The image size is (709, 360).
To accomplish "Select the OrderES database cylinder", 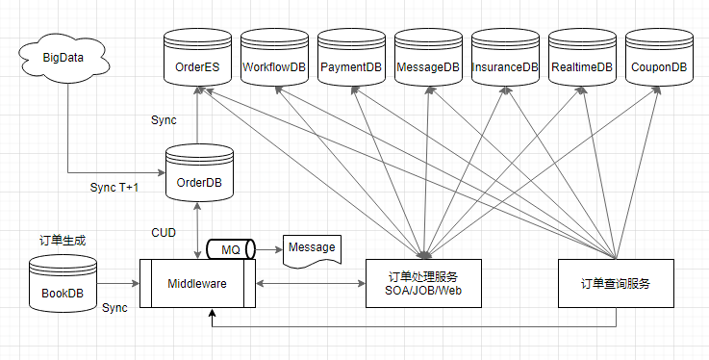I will click(197, 60).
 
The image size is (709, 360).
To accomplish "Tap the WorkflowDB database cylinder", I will click(274, 60).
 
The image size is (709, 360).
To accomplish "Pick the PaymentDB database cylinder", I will click(351, 60).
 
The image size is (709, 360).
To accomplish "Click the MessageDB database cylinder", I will click(428, 60).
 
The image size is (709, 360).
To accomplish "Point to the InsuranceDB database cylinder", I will click(505, 60).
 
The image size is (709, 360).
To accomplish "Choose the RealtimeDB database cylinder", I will click(582, 60).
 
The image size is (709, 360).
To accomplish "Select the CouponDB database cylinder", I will click(659, 60).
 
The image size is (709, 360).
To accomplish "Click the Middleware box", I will click(197, 283).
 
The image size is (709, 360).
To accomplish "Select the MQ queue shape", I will click(231, 249).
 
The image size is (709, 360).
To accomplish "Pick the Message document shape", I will click(312, 249).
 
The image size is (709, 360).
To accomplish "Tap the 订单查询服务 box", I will click(616, 283).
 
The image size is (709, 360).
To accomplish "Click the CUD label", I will click(164, 232).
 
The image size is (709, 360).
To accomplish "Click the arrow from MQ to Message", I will click(268, 249).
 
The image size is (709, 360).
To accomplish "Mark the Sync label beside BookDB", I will click(114, 307).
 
